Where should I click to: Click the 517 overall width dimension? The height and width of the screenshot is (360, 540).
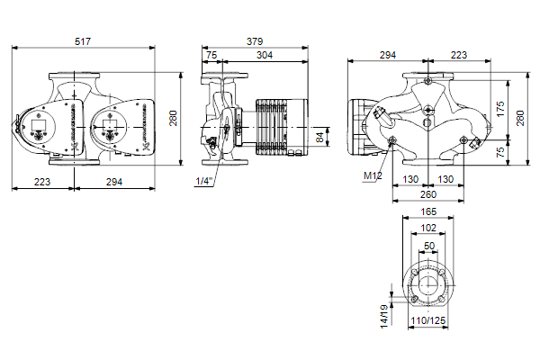point(83,41)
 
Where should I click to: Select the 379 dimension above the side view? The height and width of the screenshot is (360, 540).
point(255,41)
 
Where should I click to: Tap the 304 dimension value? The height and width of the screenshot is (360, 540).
point(265,55)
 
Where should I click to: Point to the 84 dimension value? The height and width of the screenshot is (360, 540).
point(319,137)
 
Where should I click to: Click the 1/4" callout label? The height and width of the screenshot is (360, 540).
point(204,181)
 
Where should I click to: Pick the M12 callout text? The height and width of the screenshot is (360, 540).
point(373,175)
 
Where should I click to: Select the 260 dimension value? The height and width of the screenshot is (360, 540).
point(428,194)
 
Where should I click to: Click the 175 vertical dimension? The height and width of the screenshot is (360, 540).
point(500,109)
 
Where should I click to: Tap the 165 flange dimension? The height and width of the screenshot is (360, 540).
point(428,211)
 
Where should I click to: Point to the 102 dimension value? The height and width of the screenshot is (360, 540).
point(428,228)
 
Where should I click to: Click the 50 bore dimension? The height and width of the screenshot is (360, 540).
point(429,246)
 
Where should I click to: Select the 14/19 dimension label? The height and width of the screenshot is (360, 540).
point(384,317)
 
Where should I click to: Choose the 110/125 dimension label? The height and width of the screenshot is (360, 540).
point(428,320)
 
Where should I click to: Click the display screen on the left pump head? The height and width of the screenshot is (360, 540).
point(38,124)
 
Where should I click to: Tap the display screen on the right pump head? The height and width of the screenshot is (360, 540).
point(110,124)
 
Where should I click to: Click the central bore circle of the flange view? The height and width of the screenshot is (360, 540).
point(428,285)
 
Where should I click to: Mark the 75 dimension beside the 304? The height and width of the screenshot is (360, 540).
point(211,55)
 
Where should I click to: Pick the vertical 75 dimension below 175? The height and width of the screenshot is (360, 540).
point(500,152)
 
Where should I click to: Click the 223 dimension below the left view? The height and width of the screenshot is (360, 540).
point(42,182)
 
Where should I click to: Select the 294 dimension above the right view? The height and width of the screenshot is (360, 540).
point(388,55)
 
